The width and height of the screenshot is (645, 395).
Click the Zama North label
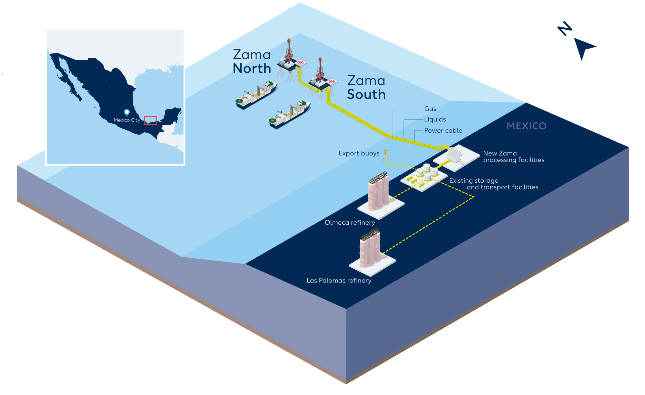coord(252,62)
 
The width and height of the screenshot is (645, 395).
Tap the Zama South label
coord(366,88)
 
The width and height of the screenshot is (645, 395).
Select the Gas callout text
coord(430,109)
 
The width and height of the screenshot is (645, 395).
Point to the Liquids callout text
coord(435,120)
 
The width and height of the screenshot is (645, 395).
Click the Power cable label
coord(443,131)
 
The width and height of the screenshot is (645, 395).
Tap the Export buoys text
coord(359,153)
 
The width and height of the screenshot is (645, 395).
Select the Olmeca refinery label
coord(350,223)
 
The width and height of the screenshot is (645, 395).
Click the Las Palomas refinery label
coord(339,281)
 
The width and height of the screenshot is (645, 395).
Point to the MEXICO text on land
coord(526,126)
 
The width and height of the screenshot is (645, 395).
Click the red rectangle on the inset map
coord(150,120)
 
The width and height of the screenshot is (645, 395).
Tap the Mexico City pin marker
coord(127,112)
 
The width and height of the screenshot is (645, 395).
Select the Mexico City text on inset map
coord(127,120)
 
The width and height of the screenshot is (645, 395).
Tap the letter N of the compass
coord(565,29)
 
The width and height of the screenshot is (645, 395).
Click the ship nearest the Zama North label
coord(257,95)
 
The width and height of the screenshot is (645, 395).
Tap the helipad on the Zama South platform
coord(332,82)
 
